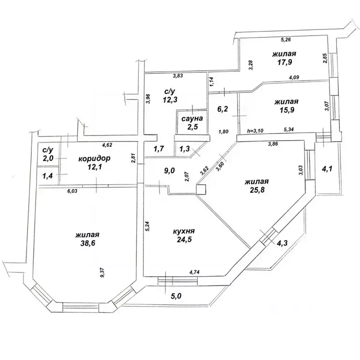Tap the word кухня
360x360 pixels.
click(184, 231)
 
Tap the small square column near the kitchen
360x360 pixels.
click(201, 189)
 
